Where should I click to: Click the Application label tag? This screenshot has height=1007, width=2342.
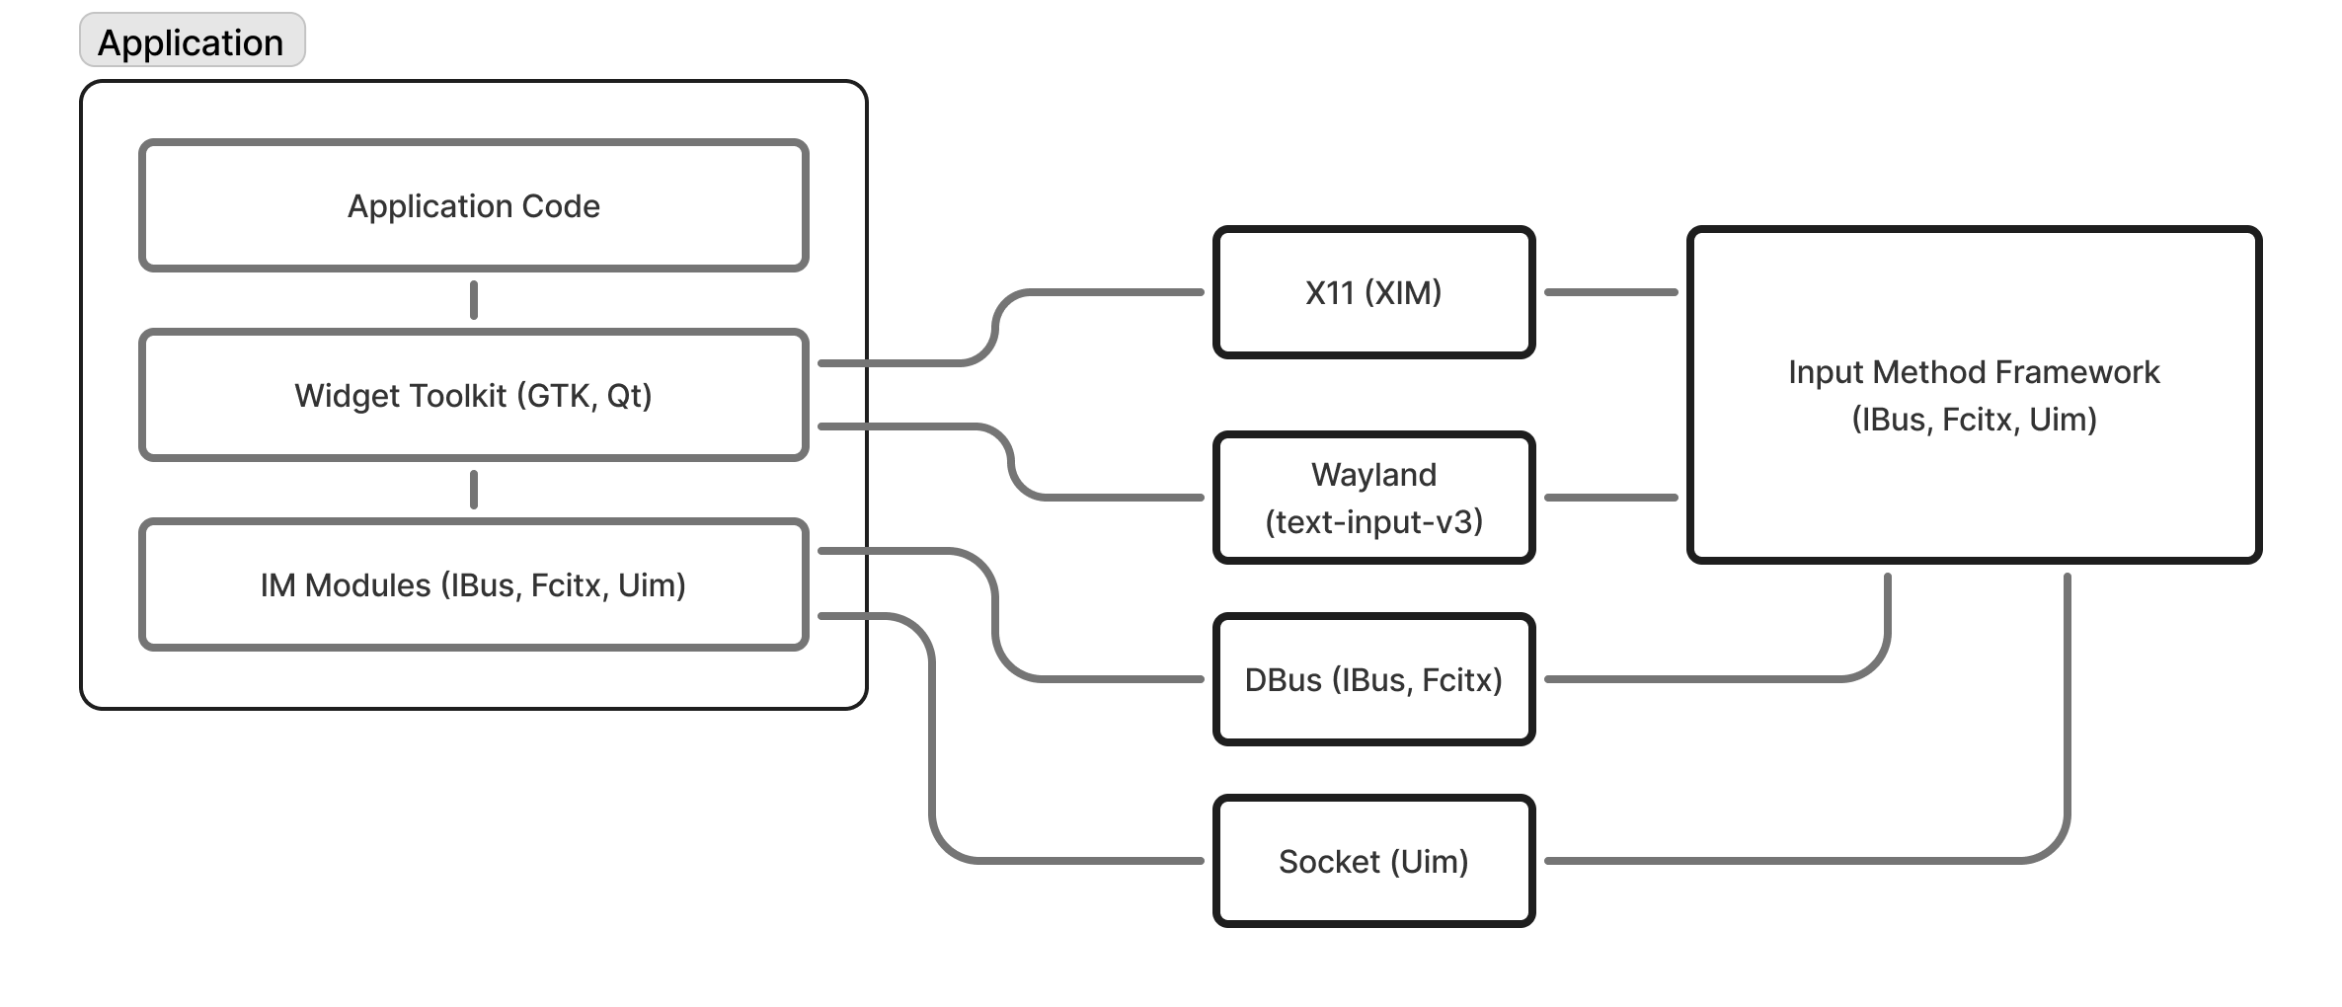point(192,41)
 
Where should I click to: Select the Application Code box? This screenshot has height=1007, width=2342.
point(473,206)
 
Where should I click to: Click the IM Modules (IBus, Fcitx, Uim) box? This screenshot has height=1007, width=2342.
point(473,585)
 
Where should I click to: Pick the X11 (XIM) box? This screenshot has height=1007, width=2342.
point(1373,293)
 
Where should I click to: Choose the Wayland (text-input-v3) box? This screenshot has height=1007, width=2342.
point(1373,498)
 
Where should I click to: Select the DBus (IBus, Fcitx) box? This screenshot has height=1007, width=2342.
point(1373,680)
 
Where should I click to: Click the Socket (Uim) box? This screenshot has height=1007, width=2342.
point(1373,862)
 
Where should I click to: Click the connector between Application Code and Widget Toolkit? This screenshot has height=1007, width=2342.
point(474,300)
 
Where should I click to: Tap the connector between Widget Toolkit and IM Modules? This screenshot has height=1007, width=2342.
point(474,490)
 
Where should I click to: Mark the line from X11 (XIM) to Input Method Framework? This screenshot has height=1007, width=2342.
point(1610,292)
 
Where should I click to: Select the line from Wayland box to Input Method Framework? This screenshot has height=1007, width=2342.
point(1610,498)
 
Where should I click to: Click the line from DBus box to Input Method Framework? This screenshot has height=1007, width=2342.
point(1718,679)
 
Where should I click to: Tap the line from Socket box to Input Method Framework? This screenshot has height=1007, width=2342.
point(1807,861)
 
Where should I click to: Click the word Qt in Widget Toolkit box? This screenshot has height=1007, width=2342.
point(628,396)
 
